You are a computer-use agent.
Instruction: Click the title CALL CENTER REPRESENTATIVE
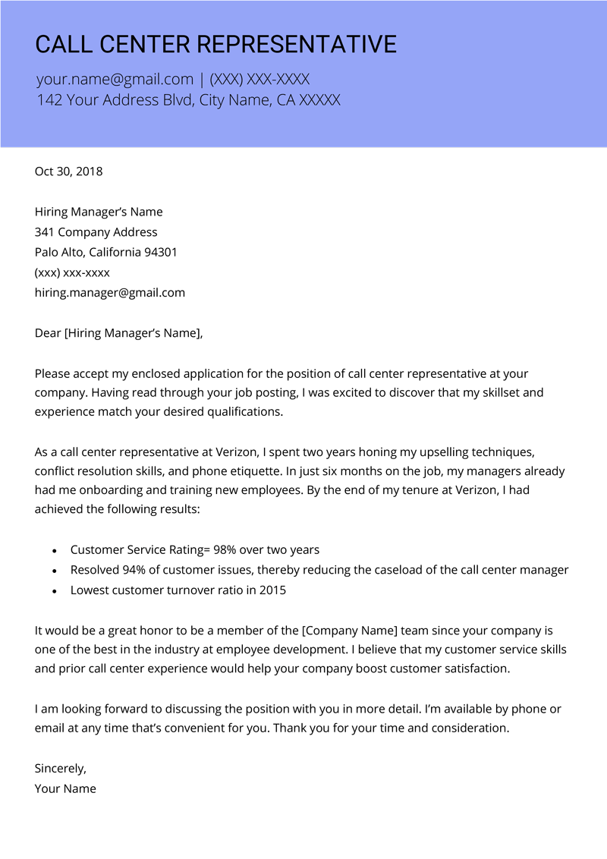(x=215, y=44)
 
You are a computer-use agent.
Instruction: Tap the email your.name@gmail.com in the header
(x=115, y=79)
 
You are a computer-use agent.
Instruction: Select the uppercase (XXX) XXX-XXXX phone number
(x=259, y=79)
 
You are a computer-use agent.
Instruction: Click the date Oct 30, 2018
(x=68, y=171)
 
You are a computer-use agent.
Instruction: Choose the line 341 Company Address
(x=96, y=232)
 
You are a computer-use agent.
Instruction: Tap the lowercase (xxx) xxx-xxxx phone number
(x=72, y=272)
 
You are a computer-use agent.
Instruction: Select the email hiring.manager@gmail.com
(x=110, y=293)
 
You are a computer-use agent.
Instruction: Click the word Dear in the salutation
(x=48, y=333)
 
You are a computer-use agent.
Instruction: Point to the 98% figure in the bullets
(x=226, y=549)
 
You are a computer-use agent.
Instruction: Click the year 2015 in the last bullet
(x=272, y=590)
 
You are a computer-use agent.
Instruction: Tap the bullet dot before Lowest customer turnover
(x=54, y=590)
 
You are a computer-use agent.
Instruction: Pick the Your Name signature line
(x=65, y=788)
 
